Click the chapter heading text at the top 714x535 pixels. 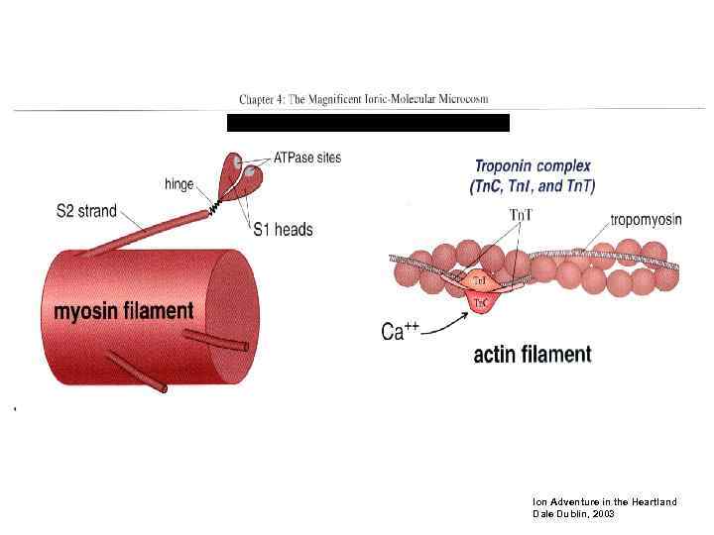(x=364, y=100)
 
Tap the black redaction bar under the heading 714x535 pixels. (x=368, y=123)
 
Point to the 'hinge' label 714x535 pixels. (x=178, y=184)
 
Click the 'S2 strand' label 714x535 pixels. (x=86, y=211)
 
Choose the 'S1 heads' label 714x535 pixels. (x=283, y=230)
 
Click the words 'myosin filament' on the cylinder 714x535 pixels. (x=123, y=311)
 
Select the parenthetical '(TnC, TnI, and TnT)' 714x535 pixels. (x=533, y=185)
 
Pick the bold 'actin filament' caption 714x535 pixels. (x=533, y=354)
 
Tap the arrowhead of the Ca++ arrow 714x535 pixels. (x=466, y=313)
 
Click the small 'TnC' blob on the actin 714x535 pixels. (x=480, y=302)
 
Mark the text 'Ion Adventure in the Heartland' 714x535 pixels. (x=605, y=502)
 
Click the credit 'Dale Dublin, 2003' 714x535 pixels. (x=574, y=514)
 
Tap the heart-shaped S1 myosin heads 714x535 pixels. (x=244, y=172)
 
